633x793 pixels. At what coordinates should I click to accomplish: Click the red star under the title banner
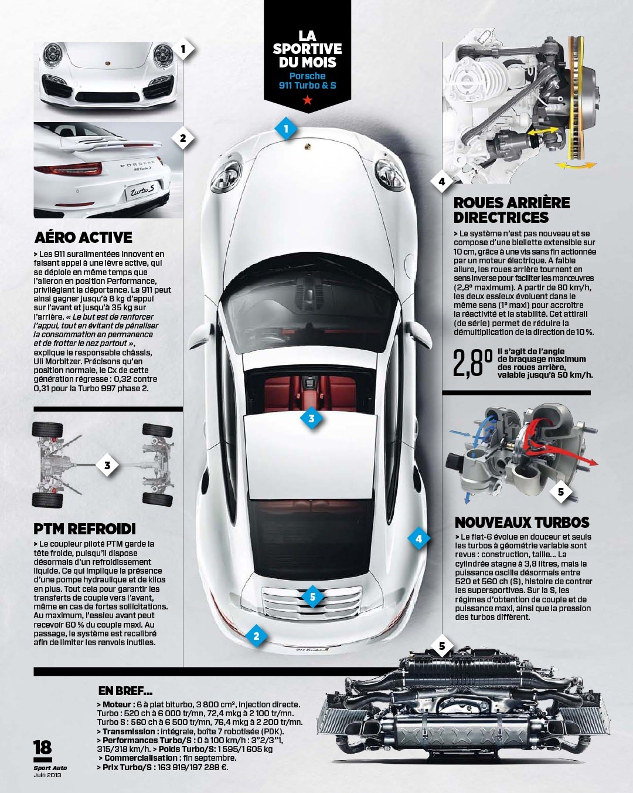tap(308, 100)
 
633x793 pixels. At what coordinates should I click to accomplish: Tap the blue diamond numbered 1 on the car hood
tap(286, 128)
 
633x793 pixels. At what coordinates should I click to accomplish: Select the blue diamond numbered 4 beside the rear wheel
tap(418, 539)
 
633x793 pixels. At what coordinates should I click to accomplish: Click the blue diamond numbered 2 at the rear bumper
tap(256, 636)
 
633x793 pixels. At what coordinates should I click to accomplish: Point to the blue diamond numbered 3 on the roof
tap(312, 418)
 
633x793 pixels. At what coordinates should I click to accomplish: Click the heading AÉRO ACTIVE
tap(83, 238)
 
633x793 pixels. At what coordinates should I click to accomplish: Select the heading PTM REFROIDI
tap(85, 529)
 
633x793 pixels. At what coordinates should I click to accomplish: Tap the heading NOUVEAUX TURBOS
tap(522, 522)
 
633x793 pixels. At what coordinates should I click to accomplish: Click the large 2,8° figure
tap(472, 364)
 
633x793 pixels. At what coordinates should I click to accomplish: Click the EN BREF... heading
tap(125, 690)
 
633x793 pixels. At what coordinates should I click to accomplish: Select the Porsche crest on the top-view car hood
tap(308, 146)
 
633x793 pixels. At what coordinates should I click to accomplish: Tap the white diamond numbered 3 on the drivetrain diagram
tap(107, 465)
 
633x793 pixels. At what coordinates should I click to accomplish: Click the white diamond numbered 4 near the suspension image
tap(441, 181)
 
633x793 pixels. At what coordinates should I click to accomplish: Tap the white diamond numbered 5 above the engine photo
tap(442, 646)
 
